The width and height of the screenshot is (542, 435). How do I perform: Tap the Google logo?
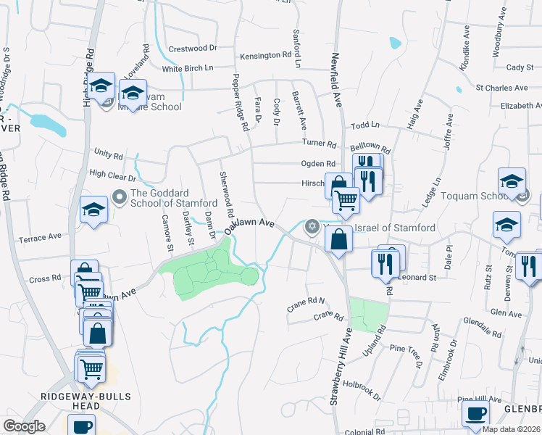click(x=24, y=426)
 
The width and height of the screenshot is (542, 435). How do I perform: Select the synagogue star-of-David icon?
click(x=312, y=226)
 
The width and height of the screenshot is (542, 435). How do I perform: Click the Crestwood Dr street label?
click(x=193, y=48)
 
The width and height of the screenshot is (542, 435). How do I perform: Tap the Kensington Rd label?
click(x=266, y=55)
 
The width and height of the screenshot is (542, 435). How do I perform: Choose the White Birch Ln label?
click(x=188, y=69)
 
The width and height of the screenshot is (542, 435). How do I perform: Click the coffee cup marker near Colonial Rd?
click(x=475, y=415)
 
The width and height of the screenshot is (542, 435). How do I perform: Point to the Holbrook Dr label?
click(x=362, y=390)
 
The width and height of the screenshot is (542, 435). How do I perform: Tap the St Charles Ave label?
click(x=501, y=88)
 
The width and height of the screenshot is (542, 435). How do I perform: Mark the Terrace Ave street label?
click(x=41, y=238)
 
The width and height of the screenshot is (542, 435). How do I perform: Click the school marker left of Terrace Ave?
click(x=93, y=211)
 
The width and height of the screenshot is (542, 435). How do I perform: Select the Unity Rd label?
click(x=109, y=154)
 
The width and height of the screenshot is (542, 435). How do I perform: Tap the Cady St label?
click(x=520, y=67)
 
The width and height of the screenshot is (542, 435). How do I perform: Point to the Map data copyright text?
click(x=511, y=429)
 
